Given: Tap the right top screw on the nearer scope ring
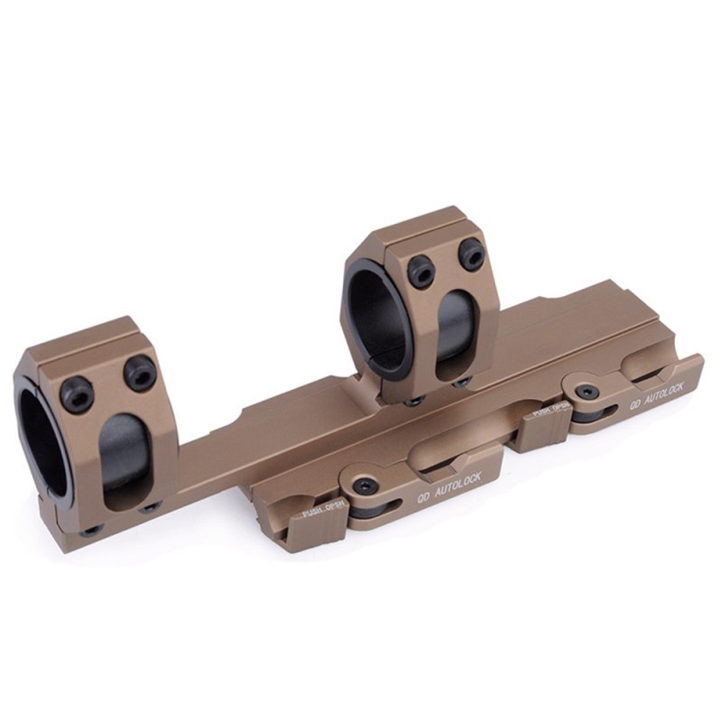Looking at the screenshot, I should [140, 372].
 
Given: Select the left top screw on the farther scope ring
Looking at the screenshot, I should [421, 270].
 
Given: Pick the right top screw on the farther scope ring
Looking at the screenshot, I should [471, 255].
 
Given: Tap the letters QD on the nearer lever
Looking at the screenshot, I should [423, 498].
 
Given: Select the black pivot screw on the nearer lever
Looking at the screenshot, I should [369, 485].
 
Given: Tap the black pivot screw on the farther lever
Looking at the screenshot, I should [587, 392].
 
